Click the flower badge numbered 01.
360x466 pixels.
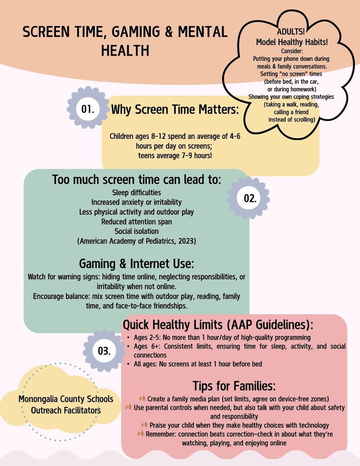[88, 108]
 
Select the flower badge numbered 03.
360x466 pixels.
[104, 351]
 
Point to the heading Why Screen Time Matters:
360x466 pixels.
[175, 110]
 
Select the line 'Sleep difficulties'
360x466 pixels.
[137, 192]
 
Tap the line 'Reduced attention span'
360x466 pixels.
[137, 222]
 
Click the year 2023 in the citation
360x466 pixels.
[187, 241]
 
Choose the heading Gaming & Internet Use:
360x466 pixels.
[137, 263]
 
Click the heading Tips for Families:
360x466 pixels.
[234, 386]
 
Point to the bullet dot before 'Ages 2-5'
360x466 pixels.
[128, 338]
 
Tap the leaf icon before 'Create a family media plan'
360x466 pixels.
[142, 399]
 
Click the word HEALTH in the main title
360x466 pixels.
[125, 50]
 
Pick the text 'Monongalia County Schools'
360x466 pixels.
[66, 399]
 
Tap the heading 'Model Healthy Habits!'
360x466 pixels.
[292, 42]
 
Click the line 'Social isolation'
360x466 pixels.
[137, 231]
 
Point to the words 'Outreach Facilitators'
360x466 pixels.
[66, 410]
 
